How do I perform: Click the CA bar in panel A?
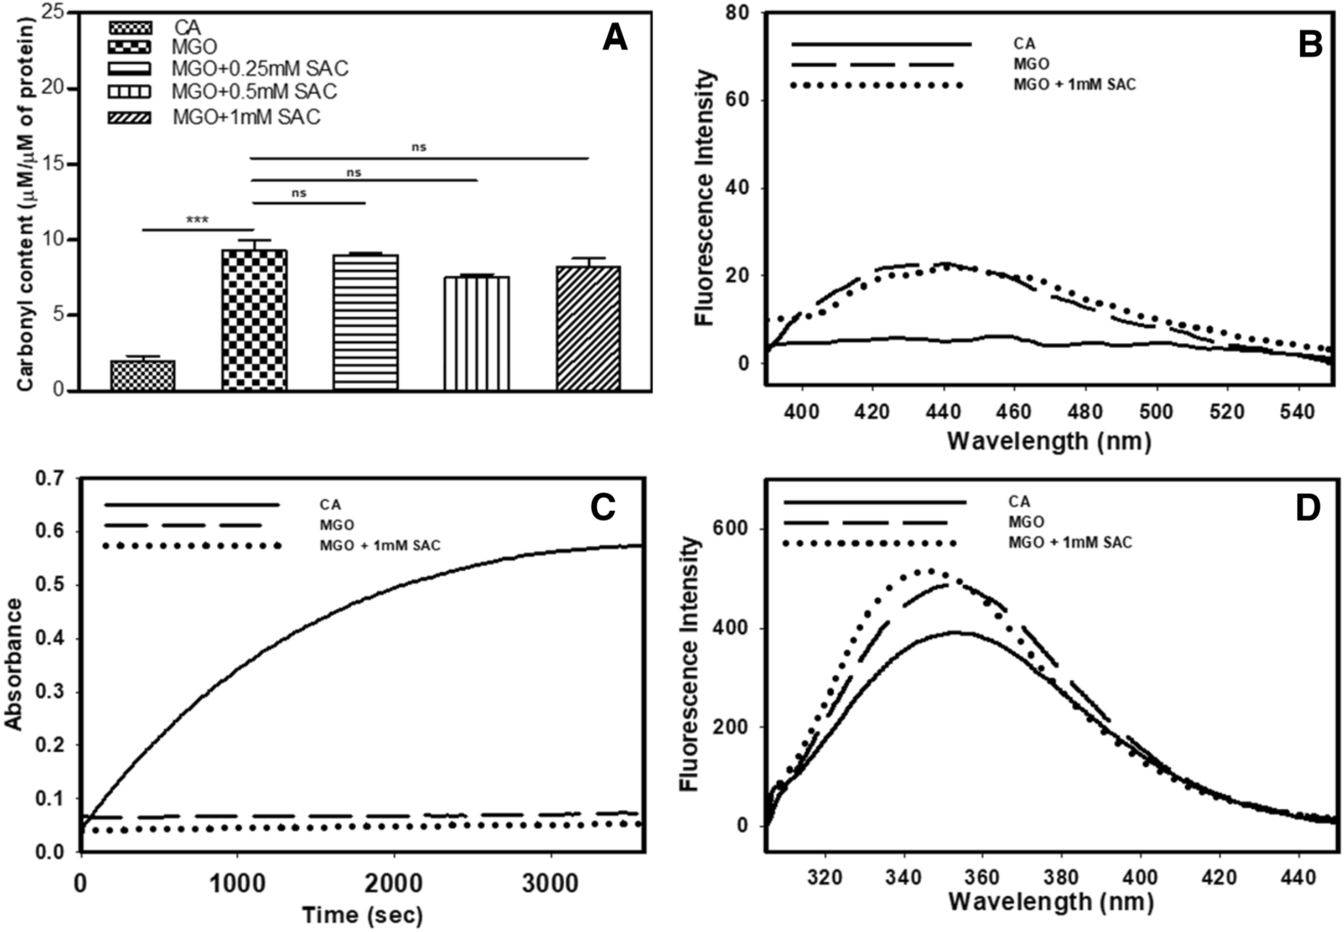click(x=143, y=375)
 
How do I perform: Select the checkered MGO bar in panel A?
click(x=254, y=320)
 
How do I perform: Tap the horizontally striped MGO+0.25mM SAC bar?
click(x=365, y=323)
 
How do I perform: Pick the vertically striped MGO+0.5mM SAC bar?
click(x=476, y=333)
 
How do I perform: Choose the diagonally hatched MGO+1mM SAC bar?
click(x=588, y=328)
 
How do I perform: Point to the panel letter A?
click(x=614, y=38)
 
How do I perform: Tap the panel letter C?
click(x=602, y=507)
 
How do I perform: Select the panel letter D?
click(x=1307, y=508)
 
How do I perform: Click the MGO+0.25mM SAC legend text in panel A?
click(x=260, y=69)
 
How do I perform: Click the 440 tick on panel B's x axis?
click(x=943, y=411)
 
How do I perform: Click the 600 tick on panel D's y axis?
click(x=732, y=529)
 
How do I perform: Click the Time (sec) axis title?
click(x=362, y=915)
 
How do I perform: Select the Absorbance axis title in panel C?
click(x=14, y=663)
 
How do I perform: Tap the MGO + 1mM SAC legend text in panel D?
click(x=1070, y=542)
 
